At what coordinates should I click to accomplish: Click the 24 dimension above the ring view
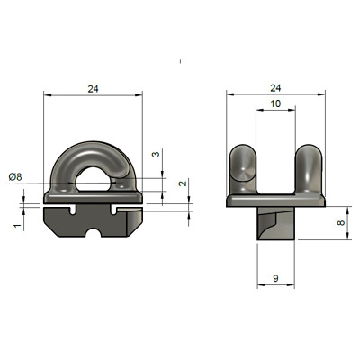coord(93,89)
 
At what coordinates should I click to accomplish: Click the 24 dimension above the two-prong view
coord(275,88)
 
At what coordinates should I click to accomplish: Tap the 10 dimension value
coord(275,103)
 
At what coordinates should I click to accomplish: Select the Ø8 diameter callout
coord(15,177)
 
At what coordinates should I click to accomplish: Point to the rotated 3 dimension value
coord(157,154)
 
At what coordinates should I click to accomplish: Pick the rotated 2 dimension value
coord(183,183)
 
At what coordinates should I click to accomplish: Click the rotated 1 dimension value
coord(18,225)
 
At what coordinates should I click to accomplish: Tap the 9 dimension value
coord(275,278)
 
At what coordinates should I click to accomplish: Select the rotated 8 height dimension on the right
coord(342,223)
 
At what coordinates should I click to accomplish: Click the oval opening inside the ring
coord(95,180)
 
